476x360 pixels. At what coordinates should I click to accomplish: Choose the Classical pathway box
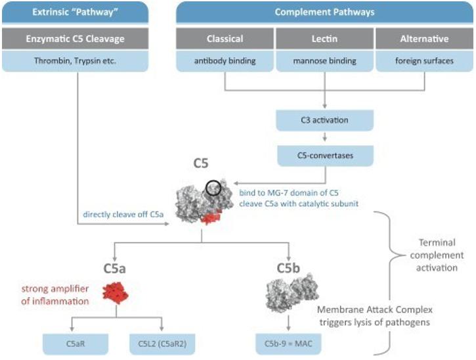pyautogui.click(x=225, y=39)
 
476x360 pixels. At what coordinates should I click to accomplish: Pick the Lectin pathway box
pyautogui.click(x=324, y=39)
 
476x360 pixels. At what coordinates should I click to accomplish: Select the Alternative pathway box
pyautogui.click(x=423, y=39)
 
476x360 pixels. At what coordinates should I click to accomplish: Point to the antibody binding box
pyautogui.click(x=225, y=62)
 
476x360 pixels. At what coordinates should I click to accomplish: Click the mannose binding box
pyautogui.click(x=324, y=62)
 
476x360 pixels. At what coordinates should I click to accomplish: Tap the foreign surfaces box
pyautogui.click(x=423, y=62)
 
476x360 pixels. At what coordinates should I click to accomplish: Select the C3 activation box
pyautogui.click(x=325, y=121)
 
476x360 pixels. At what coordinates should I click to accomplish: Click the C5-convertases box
pyautogui.click(x=325, y=155)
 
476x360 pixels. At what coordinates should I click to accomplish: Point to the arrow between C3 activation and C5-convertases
pyautogui.click(x=325, y=138)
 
